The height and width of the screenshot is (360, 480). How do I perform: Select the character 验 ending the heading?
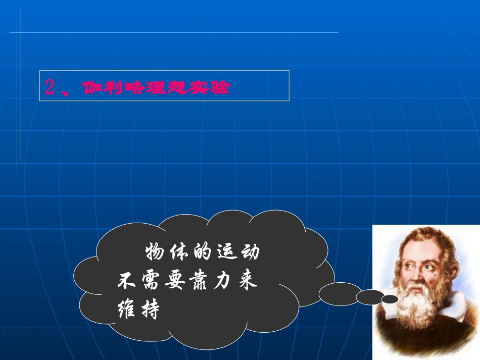pyautogui.click(x=221, y=88)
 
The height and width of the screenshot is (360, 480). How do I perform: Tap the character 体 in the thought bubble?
pyautogui.click(x=179, y=251)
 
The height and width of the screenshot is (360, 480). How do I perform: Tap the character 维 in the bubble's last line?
pyautogui.click(x=126, y=308)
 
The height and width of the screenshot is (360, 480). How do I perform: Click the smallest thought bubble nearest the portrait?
pyautogui.click(x=390, y=299)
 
